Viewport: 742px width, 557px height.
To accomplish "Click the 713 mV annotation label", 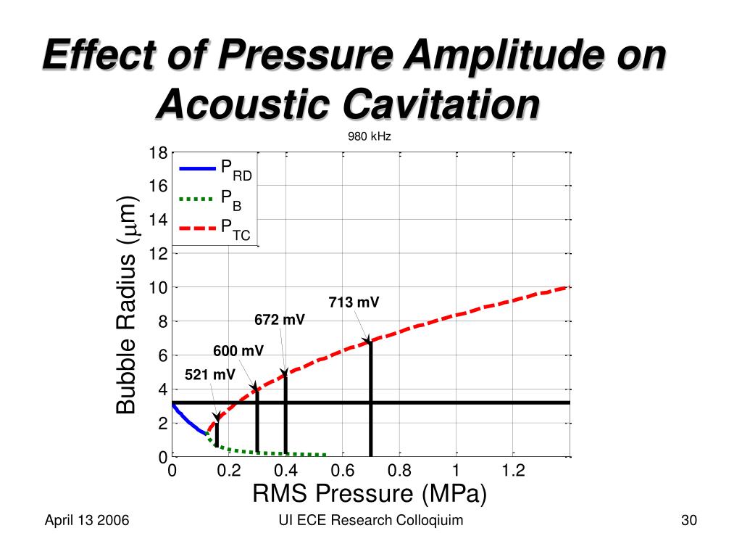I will point(354,302).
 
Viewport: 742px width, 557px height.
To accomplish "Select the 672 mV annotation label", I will point(280,320).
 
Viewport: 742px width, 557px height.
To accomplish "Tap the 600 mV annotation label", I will point(238,352).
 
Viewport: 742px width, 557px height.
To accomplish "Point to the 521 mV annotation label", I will point(210,375).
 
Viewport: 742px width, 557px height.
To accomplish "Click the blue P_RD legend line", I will point(198,168).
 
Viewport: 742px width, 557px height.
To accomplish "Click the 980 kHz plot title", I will point(370,136).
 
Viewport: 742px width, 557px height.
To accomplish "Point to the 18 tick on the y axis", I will point(158,152).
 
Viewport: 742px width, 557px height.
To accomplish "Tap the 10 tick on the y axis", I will point(158,288).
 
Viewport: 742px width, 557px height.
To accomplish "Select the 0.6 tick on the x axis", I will point(343,471).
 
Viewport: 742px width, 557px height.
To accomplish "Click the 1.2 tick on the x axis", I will point(513,471).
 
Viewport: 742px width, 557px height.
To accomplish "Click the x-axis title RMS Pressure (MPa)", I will point(370,494).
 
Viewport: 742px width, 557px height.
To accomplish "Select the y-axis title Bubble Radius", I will point(127,305).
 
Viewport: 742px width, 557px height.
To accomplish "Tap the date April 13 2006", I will point(87,521).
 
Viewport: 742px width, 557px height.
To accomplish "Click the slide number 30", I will point(688,521).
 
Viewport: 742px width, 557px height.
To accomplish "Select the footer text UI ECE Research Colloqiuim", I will point(370,521).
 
